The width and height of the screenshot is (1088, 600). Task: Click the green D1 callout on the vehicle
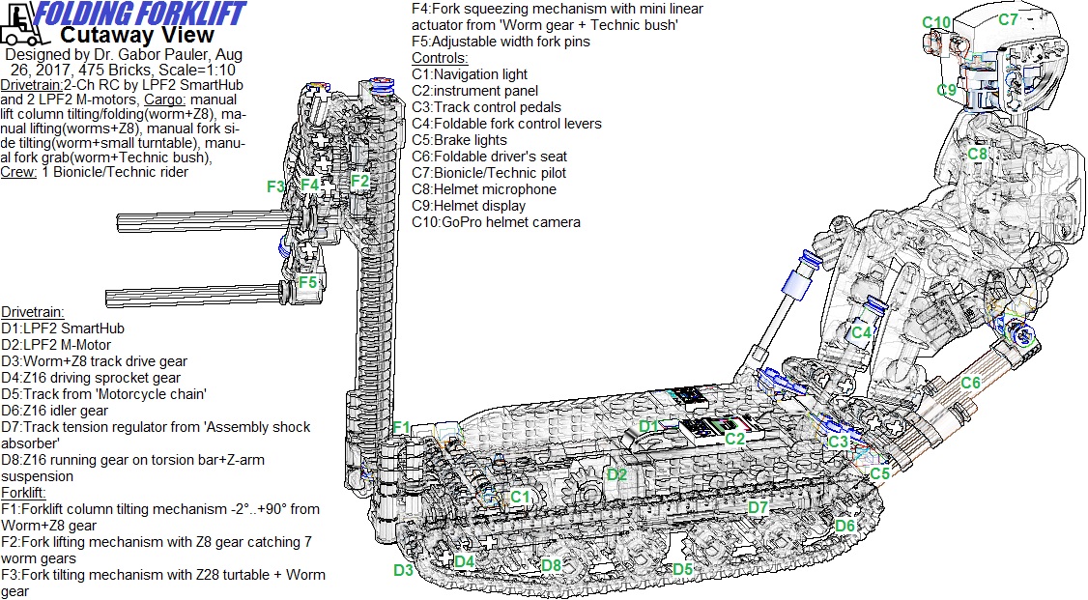648,426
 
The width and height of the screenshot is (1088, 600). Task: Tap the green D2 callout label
616,474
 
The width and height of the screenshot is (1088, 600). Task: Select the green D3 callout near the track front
404,570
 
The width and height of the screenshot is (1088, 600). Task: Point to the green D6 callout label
845,526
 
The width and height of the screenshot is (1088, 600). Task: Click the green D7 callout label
759,507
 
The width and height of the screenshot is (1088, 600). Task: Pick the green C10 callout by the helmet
936,22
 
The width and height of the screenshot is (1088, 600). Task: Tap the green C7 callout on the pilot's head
1008,18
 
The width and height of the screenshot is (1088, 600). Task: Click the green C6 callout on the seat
970,384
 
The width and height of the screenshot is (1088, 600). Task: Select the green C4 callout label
862,332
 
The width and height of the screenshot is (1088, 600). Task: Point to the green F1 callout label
401,427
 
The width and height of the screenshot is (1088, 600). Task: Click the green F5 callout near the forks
307,282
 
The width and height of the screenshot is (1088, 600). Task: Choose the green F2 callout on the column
359,180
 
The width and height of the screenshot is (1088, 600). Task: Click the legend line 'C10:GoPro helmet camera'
496,222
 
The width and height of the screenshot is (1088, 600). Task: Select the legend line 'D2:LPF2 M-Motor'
56,345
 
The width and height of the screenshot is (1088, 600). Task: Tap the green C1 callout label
520,497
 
